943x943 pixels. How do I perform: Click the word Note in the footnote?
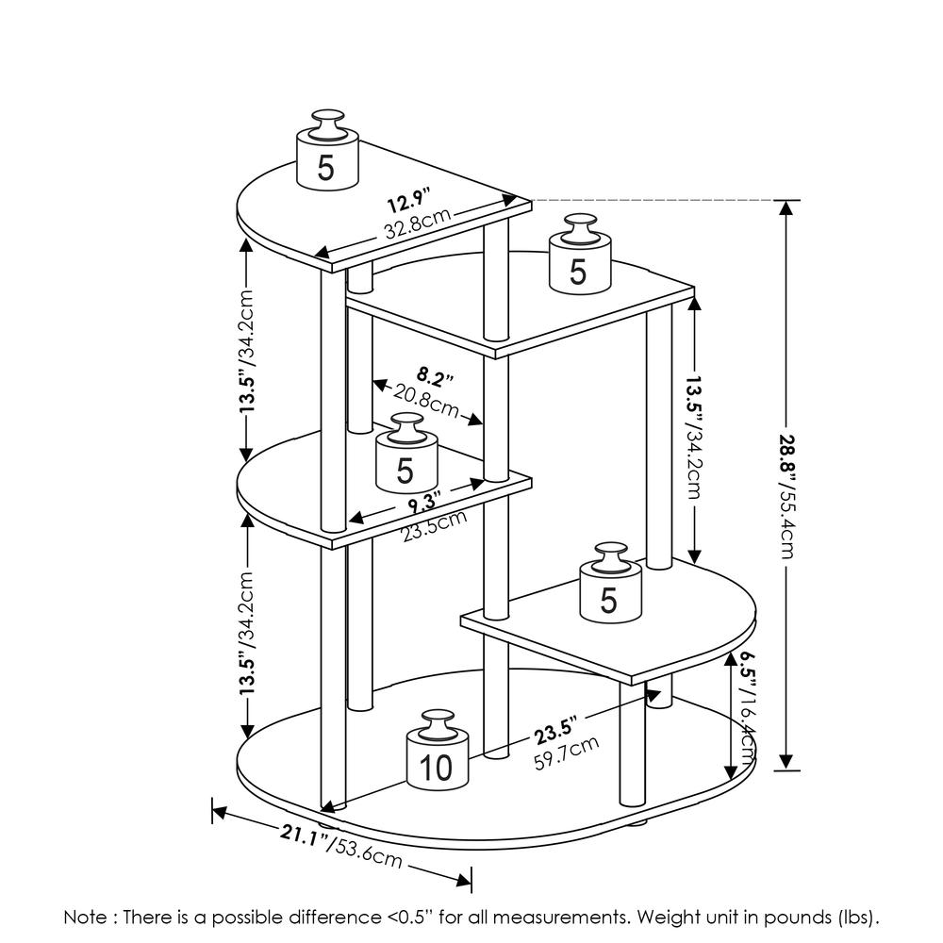84,917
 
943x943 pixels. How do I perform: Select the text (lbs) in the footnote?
857,917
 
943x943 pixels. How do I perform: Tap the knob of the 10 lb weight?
436,722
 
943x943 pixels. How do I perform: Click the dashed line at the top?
651,201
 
